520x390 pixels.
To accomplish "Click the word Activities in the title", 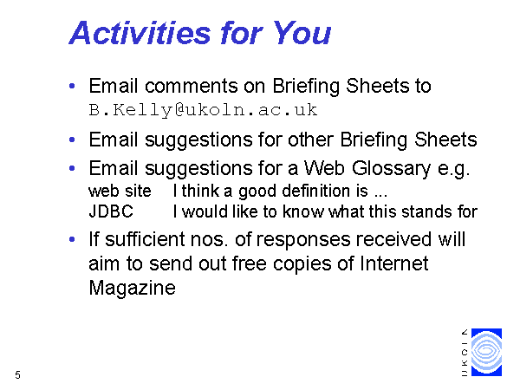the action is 140,33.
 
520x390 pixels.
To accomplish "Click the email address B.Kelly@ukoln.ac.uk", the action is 203,110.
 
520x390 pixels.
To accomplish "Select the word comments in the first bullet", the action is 192,86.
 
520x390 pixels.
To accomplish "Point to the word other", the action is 310,140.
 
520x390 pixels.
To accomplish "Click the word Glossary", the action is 392,169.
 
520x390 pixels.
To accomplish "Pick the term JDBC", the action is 111,211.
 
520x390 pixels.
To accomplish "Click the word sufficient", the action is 145,239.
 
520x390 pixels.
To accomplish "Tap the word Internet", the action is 394,263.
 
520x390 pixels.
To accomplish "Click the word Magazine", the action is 132,288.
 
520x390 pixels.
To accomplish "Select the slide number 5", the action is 17,374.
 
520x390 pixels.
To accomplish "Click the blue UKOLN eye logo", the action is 486,352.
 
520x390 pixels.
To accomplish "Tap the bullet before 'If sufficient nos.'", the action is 72,239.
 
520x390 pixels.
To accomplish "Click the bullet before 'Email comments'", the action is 72,86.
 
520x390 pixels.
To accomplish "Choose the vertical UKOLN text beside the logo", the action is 465,353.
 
